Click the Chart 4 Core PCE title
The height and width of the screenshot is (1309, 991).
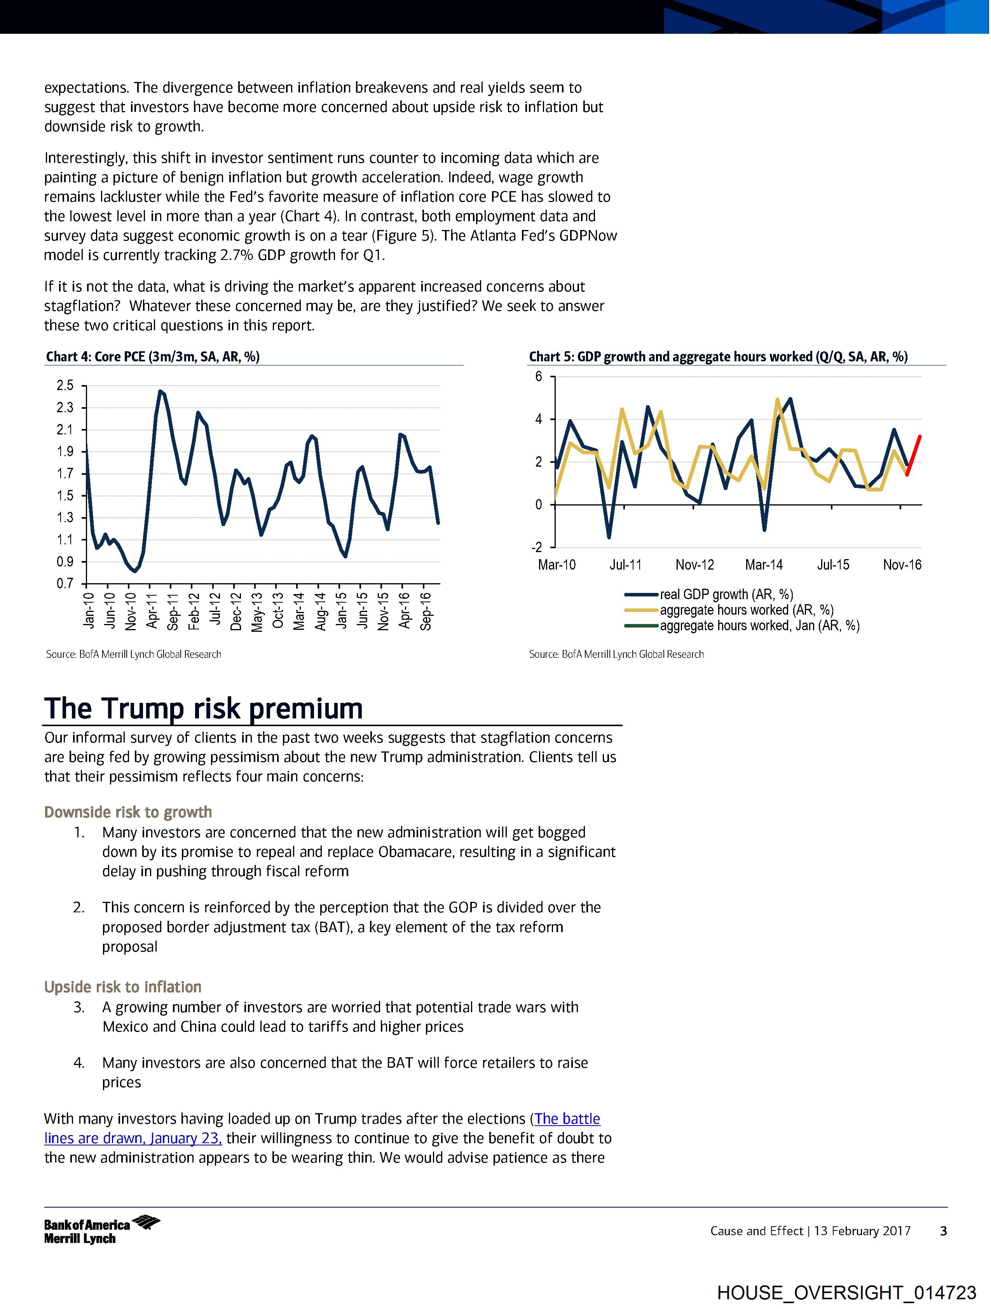click(x=153, y=356)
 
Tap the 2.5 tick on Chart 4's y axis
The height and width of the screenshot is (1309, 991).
click(x=65, y=386)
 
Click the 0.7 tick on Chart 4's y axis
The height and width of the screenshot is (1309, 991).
click(x=65, y=584)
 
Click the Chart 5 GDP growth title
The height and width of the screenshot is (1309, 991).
click(x=718, y=356)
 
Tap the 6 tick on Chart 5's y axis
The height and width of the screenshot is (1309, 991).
click(x=539, y=376)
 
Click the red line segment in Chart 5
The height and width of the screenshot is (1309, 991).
click(x=913, y=455)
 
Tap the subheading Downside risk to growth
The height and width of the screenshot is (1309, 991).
click(x=128, y=812)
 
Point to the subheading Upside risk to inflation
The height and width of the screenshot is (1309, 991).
click(x=122, y=987)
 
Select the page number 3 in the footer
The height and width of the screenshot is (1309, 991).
click(x=944, y=1231)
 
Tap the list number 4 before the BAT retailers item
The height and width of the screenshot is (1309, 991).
click(x=79, y=1063)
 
